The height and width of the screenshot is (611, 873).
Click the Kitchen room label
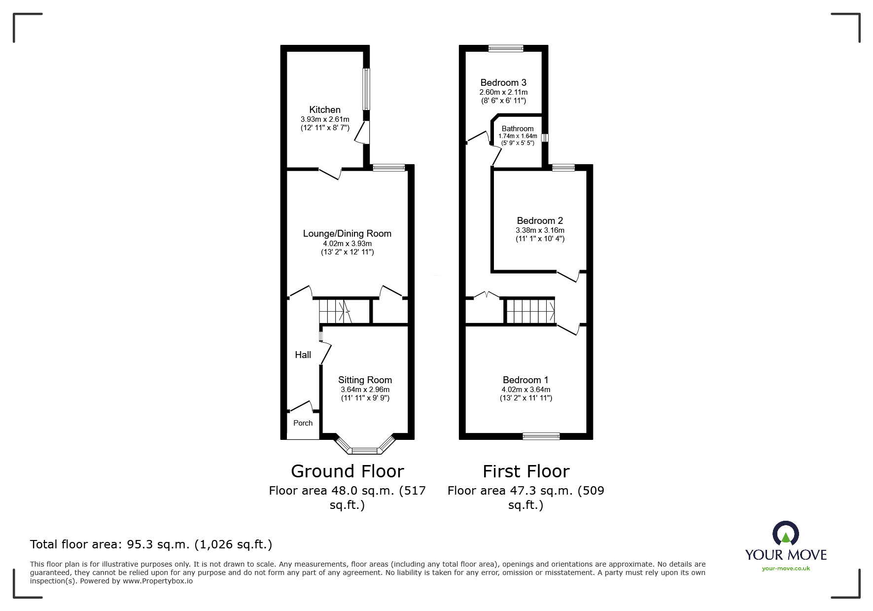324,109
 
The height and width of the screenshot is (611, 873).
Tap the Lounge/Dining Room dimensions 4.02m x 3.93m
347,244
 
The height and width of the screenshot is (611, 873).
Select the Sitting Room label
365,380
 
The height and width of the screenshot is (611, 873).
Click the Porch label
303,423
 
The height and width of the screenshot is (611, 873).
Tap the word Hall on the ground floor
303,355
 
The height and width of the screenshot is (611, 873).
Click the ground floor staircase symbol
335,311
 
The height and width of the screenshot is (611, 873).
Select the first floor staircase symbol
530,311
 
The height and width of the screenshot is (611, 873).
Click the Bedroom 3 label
503,82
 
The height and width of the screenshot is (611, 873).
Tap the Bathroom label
517,129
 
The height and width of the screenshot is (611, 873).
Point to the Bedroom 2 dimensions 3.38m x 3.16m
540,230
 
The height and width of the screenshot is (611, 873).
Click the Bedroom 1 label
525,380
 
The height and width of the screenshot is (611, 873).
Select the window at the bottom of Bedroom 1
541,436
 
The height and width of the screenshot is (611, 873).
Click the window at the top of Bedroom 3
506,48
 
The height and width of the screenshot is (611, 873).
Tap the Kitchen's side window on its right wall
366,89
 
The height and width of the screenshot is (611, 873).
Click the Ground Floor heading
347,471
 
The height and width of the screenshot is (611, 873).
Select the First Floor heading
525,471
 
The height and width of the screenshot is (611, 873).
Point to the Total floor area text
151,544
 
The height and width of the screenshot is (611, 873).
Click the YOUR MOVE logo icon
785,534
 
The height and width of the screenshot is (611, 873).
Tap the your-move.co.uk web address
785,569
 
